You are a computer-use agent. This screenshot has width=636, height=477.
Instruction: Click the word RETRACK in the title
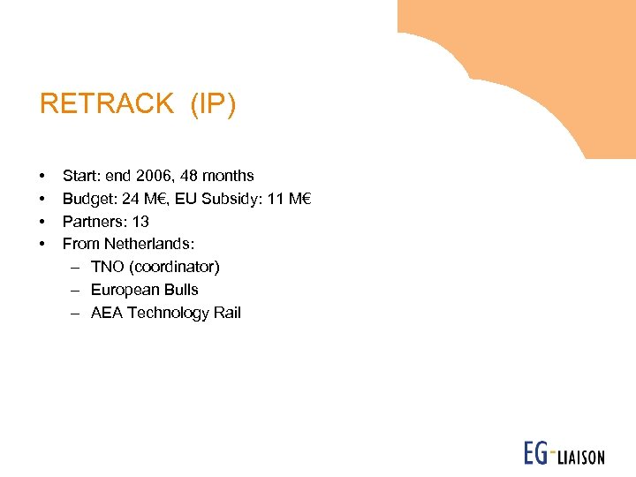[107, 104]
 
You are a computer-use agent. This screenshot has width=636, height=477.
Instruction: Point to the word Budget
[87, 199]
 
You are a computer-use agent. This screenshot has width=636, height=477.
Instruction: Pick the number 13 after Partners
[140, 222]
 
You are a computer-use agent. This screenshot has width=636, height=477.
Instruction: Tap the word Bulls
[182, 290]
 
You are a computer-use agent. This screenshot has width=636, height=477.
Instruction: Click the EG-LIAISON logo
[563, 454]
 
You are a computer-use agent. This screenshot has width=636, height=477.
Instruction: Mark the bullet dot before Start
[42, 177]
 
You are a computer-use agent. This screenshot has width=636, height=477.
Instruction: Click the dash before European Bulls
[76, 290]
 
